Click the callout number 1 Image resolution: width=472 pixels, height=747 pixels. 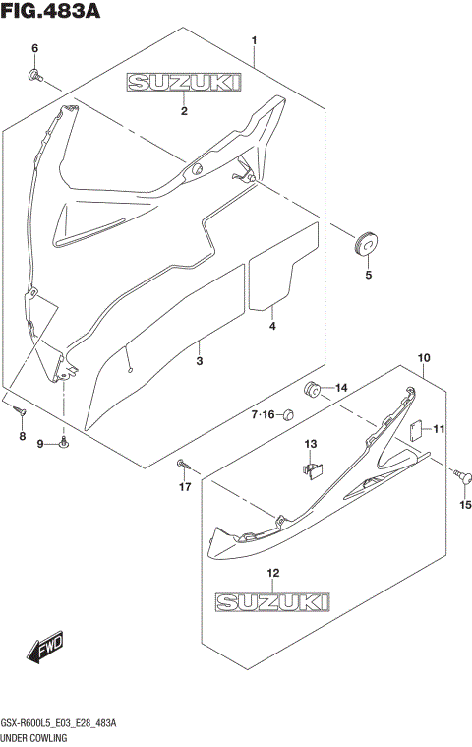(254, 40)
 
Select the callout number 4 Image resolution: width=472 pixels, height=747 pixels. (272, 325)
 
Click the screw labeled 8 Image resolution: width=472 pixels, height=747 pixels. (19, 405)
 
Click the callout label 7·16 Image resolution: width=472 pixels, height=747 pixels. (265, 414)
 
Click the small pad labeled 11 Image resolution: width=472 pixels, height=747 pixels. (416, 428)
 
